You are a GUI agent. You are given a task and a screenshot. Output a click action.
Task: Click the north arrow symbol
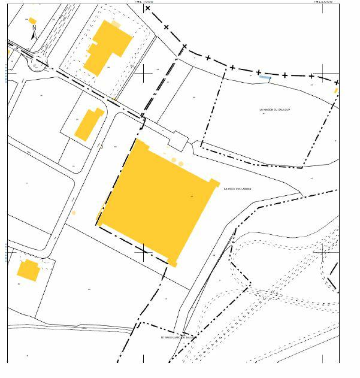[34, 33]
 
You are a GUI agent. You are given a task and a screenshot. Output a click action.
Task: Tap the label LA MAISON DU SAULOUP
[275, 110]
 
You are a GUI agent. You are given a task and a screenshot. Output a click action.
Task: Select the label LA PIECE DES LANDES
[237, 189]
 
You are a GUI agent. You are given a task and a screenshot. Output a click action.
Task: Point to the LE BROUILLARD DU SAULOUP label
[178, 337]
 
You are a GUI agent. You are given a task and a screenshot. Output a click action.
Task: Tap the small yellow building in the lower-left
[28, 270]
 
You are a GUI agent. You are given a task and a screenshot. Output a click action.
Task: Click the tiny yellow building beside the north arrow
[32, 21]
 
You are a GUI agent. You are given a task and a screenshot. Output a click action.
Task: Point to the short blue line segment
[264, 77]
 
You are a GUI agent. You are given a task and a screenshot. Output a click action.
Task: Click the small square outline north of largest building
[178, 140]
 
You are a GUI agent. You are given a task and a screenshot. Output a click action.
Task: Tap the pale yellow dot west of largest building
[74, 212]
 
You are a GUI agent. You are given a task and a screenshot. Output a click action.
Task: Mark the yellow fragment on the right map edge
[336, 90]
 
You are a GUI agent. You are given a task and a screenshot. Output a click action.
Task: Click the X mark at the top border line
[147, 8]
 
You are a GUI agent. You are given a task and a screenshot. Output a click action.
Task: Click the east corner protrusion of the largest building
[214, 182]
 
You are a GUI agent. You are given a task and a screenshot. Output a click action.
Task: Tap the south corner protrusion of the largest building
[173, 262]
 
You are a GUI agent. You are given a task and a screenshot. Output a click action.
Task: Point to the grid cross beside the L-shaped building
[144, 72]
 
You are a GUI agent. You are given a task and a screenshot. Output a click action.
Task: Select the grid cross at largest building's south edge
[143, 252]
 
